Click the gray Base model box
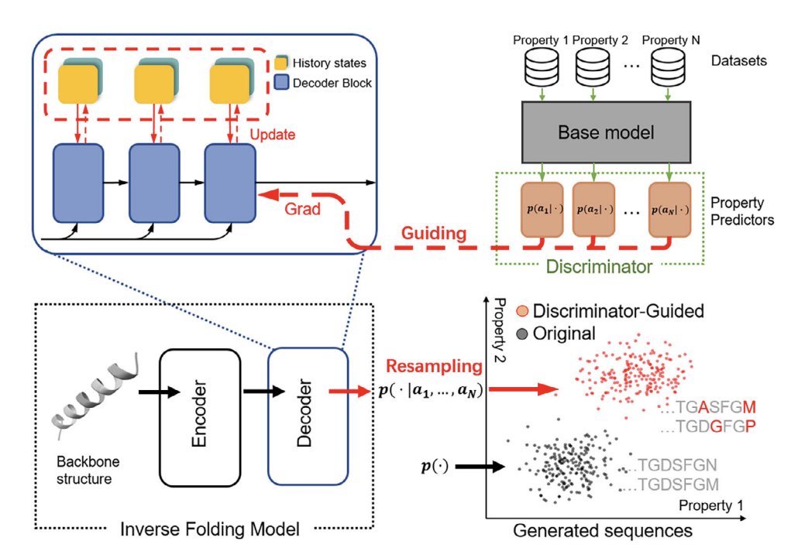[606, 132]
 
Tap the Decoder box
[308, 416]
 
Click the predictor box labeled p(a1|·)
[542, 210]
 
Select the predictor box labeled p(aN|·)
[669, 210]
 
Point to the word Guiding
[434, 233]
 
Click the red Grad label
[302, 209]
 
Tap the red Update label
[272, 135]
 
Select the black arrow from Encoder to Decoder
[263, 391]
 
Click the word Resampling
[434, 366]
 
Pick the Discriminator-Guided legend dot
[522, 311]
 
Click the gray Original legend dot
[522, 334]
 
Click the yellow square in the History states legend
[281, 63]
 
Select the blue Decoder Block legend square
[281, 82]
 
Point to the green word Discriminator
[598, 266]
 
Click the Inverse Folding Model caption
[210, 529]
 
